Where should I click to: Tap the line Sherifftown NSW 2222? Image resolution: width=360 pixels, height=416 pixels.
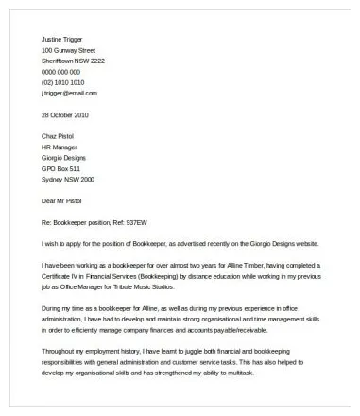(x=73, y=60)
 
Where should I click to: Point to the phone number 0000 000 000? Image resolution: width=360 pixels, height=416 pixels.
(x=61, y=71)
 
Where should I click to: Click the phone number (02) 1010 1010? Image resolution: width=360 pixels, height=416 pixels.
(x=63, y=82)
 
